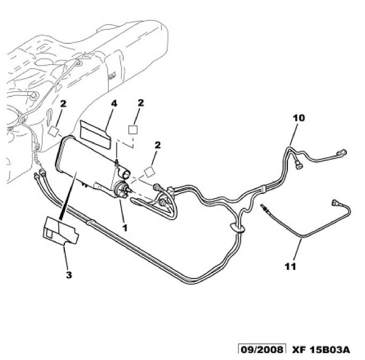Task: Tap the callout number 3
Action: (x=69, y=275)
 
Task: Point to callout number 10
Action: (x=298, y=117)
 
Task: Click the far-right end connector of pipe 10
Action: (x=341, y=151)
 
